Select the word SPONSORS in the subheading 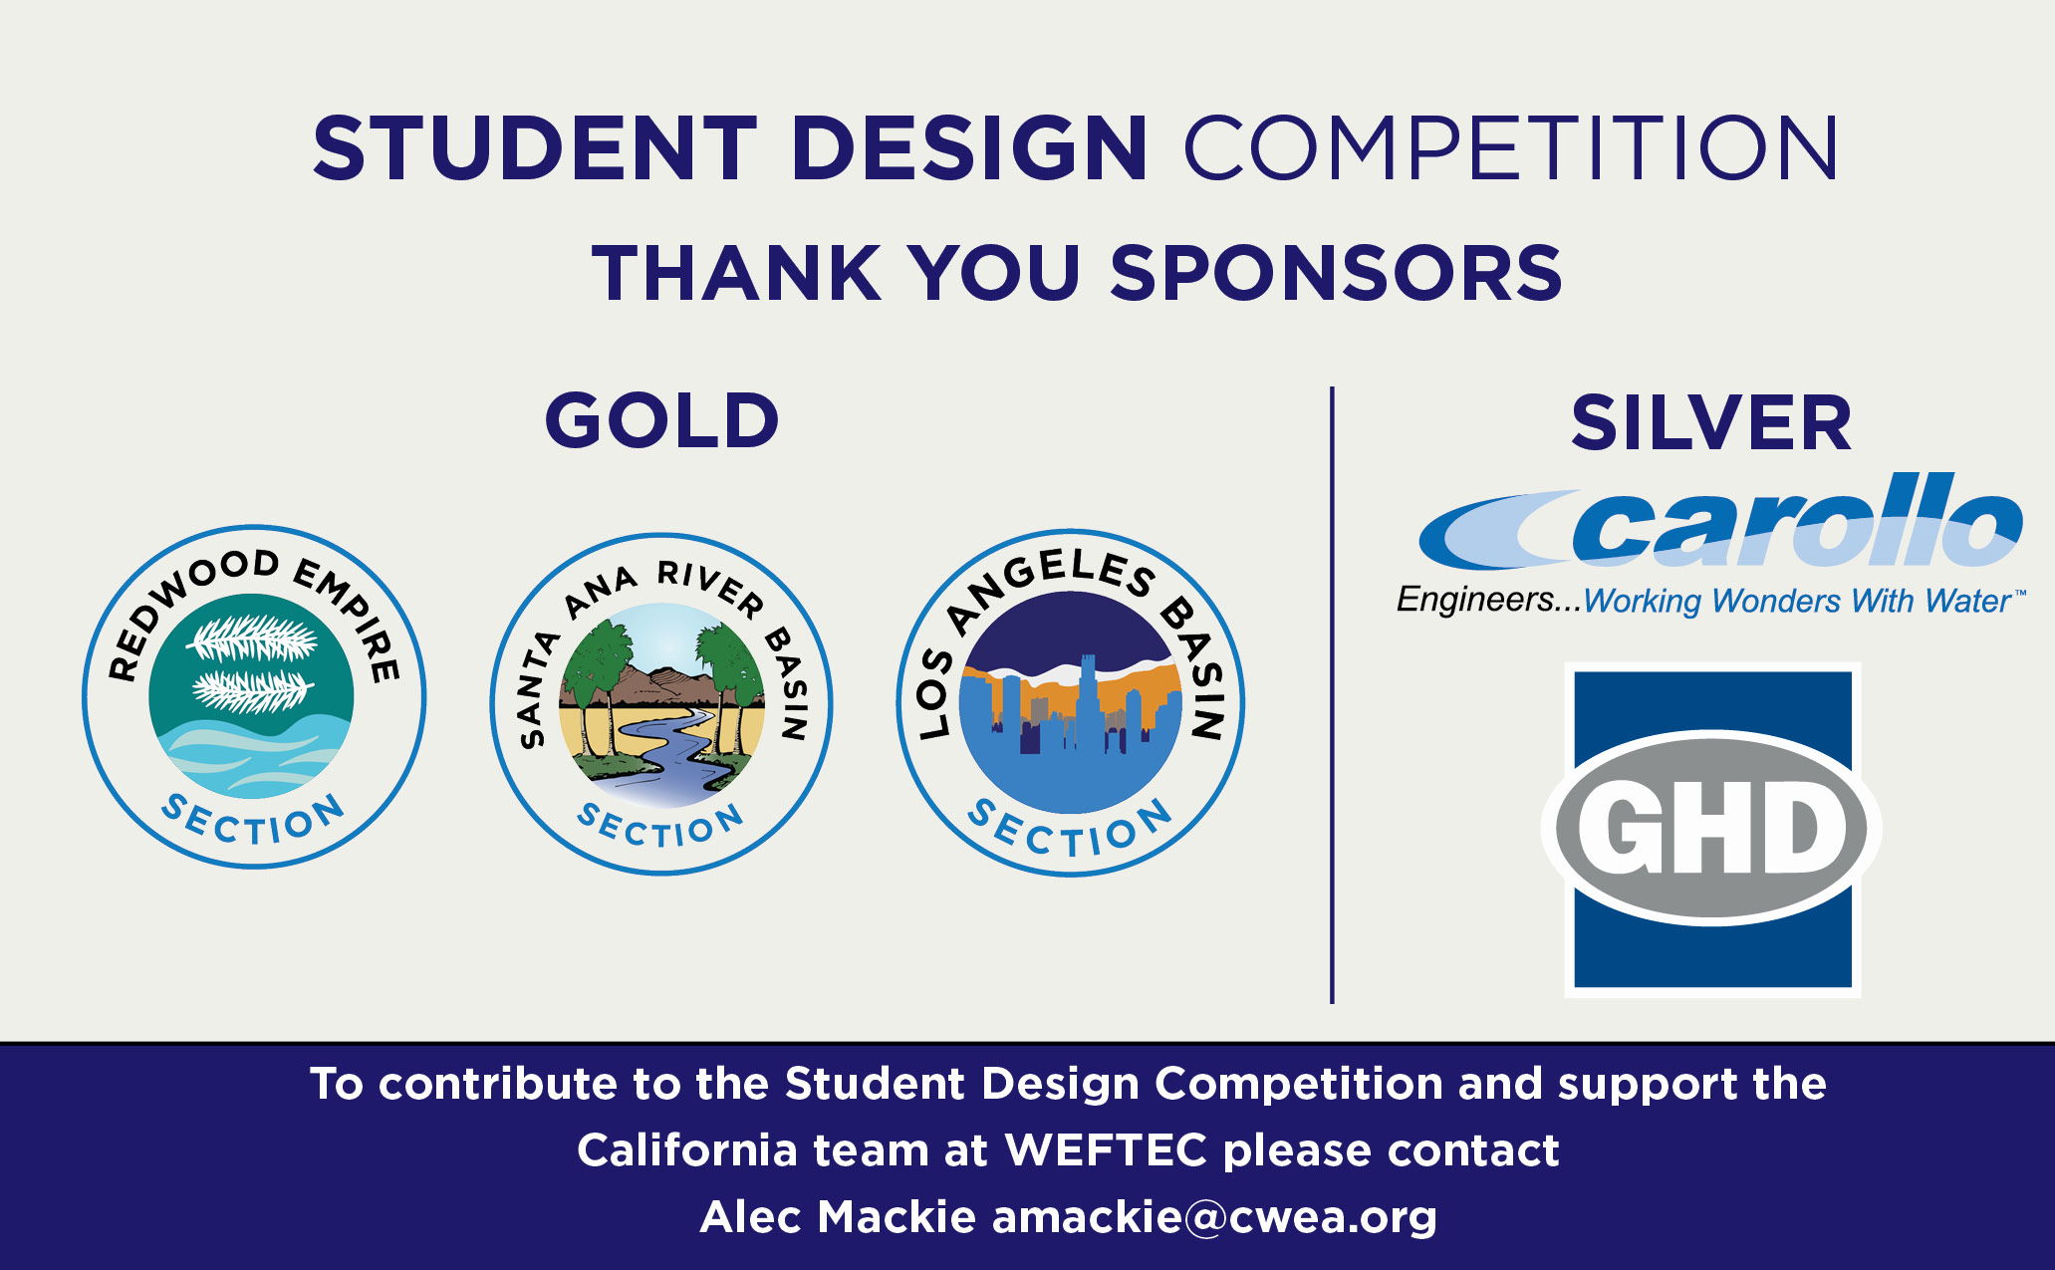1336,272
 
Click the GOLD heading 661,419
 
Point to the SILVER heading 1710,422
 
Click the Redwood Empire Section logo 254,696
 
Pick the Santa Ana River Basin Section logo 661,703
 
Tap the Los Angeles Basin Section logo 1070,702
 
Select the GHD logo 1711,830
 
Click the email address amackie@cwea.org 1214,1217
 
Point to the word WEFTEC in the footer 1106,1149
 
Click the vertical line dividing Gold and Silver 1332,694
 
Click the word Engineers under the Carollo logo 1474,600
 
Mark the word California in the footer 687,1149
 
